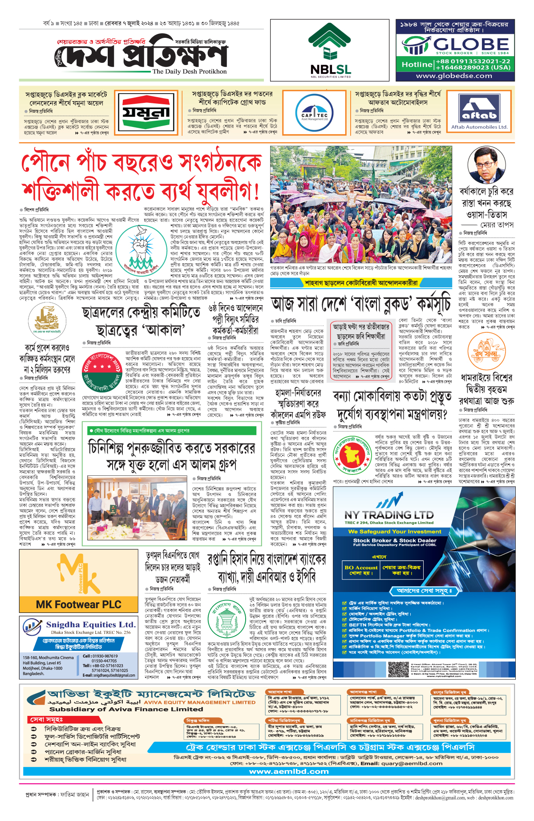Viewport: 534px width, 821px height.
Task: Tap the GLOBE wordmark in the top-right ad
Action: (471, 44)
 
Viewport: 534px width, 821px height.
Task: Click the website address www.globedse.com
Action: (454, 76)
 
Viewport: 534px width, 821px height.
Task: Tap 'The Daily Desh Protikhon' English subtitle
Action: (190, 71)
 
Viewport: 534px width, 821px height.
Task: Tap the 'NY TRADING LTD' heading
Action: (389, 515)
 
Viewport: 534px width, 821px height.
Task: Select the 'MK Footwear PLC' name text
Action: (79, 605)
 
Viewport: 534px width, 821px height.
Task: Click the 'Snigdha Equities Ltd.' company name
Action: (90, 625)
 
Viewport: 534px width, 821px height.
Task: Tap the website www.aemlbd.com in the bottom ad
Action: (289, 772)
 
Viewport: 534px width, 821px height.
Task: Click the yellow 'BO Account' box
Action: (361, 570)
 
